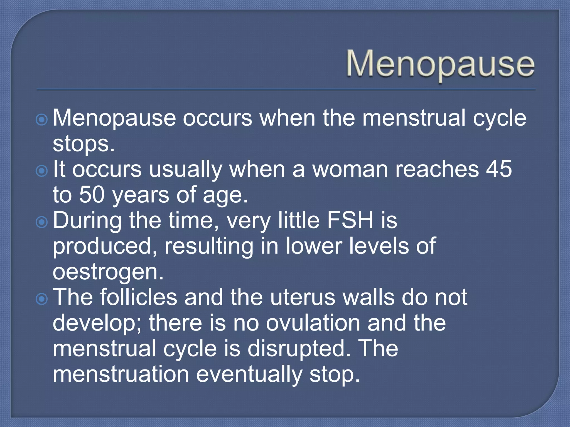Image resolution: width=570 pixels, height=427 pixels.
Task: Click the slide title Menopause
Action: click(x=440, y=64)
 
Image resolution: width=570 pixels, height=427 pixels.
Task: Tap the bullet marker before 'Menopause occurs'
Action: click(x=42, y=120)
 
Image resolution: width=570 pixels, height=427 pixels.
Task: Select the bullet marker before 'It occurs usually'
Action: click(x=42, y=171)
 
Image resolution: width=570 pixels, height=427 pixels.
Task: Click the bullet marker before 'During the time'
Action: click(x=42, y=222)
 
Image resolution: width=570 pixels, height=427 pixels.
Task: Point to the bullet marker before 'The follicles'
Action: click(x=42, y=299)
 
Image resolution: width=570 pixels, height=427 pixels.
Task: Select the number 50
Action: click(x=92, y=195)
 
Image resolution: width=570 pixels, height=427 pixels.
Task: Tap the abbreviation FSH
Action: click(x=350, y=220)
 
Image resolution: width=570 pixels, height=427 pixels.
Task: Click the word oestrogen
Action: click(x=108, y=272)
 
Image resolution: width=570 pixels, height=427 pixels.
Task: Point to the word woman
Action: click(x=350, y=169)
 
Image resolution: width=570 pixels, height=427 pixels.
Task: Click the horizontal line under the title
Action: click(x=286, y=90)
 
